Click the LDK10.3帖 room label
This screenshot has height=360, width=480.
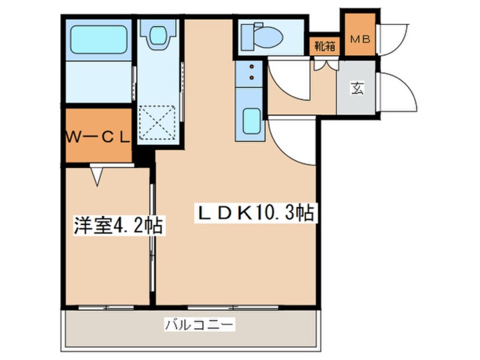click(x=256, y=213)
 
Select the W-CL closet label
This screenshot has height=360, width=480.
click(x=98, y=137)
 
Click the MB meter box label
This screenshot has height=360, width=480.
click(x=359, y=39)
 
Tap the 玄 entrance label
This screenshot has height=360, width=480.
click(x=357, y=89)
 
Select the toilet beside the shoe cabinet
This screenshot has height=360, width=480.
click(x=262, y=37)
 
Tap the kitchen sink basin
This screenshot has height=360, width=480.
click(x=250, y=120)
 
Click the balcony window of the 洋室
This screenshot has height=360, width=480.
click(x=106, y=307)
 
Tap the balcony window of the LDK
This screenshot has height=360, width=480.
click(x=233, y=307)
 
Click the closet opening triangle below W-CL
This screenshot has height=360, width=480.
click(x=96, y=175)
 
